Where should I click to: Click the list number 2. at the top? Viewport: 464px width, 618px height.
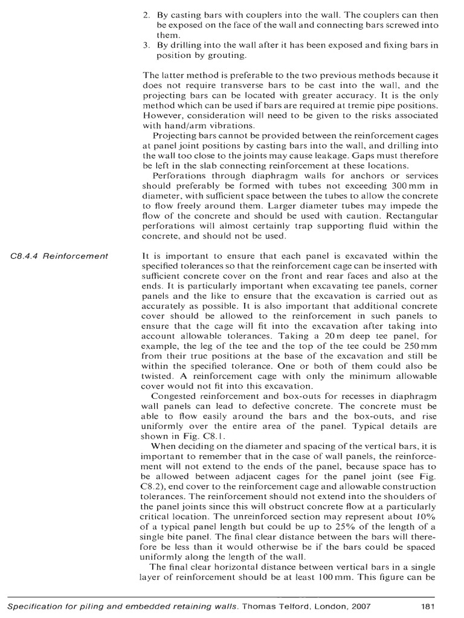pyautogui.click(x=147, y=14)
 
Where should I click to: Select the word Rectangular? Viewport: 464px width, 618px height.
pyautogui.click(x=410, y=216)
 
